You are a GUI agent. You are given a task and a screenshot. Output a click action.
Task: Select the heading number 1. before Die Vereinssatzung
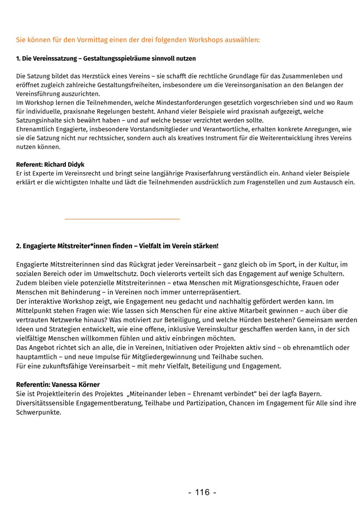19,58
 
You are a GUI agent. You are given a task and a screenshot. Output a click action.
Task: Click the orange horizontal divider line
122,219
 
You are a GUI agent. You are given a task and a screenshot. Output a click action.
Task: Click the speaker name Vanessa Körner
76,385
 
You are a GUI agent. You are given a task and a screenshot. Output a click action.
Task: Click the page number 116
202,492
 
